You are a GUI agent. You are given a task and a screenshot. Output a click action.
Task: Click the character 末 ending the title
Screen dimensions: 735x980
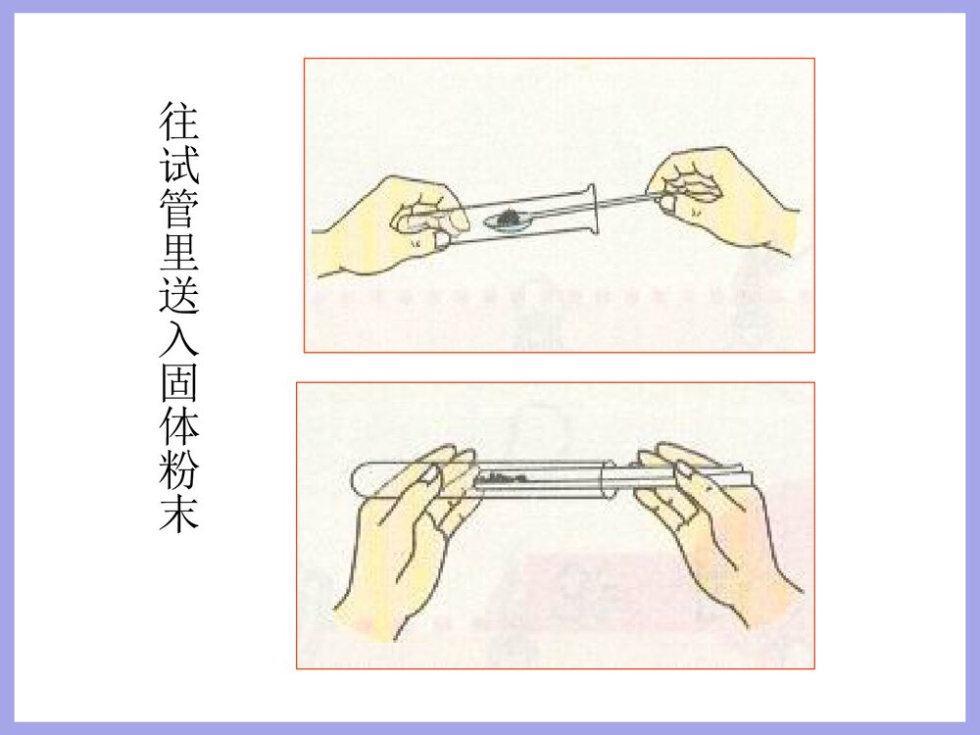(179, 514)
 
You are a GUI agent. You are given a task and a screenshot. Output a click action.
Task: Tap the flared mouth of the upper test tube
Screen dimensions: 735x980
(592, 207)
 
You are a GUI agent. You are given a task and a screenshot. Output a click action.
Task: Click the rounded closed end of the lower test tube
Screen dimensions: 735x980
(359, 478)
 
